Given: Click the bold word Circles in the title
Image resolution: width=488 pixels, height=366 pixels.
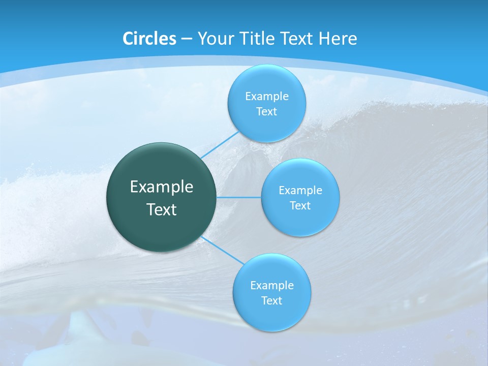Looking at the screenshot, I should tap(149, 39).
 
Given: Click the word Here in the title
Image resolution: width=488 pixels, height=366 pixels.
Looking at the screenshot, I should tap(338, 39).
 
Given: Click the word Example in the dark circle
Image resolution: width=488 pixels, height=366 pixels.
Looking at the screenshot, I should tap(162, 187).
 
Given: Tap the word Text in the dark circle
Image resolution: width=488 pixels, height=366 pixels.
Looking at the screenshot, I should tap(162, 209).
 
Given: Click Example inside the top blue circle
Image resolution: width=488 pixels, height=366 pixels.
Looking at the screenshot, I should tap(266, 96).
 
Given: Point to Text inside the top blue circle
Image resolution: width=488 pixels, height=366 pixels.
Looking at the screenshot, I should tap(266, 111).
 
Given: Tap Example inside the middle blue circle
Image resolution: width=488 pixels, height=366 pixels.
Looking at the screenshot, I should tap(300, 190).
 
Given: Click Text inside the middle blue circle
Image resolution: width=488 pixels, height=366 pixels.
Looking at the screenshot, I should tap(300, 205).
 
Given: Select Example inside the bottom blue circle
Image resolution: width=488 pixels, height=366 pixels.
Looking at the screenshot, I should tap(271, 285).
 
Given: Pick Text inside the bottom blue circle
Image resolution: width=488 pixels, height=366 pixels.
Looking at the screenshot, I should tap(271, 300).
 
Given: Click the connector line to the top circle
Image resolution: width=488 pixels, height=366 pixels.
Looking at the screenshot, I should tap(220, 144).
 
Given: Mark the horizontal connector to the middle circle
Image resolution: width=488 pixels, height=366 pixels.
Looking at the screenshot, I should tap(239, 197).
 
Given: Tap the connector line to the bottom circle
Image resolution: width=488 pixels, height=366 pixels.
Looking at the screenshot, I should tap(223, 250).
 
